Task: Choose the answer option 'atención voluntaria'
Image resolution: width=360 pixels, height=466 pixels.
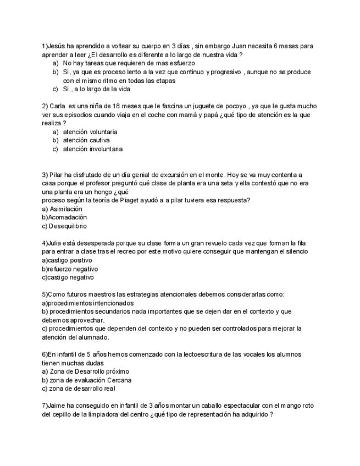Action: click(x=90, y=132)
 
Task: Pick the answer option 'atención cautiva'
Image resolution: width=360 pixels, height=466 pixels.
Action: click(x=86, y=140)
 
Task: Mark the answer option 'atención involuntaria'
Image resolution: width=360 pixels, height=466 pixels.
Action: click(x=93, y=148)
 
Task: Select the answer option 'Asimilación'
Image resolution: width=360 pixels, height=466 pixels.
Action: click(x=65, y=209)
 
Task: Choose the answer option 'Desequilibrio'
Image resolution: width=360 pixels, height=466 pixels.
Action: click(x=68, y=225)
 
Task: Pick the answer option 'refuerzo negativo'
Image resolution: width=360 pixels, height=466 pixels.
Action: click(x=73, y=269)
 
